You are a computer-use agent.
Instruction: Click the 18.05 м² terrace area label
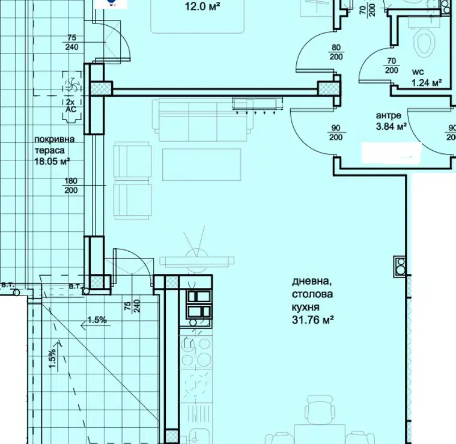52,161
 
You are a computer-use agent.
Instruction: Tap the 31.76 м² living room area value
312,320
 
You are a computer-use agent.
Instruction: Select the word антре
389,116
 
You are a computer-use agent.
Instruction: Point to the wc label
418,72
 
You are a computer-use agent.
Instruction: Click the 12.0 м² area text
202,7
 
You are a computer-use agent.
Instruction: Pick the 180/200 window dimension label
71,186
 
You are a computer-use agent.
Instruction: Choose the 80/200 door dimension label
336,52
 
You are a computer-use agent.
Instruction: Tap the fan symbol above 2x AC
71,84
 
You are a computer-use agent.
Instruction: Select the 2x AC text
71,106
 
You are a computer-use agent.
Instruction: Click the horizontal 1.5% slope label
97,320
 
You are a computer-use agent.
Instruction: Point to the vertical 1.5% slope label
52,358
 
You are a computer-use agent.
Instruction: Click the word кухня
306,307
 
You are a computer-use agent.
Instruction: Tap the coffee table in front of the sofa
201,165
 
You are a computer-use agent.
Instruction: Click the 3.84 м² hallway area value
391,127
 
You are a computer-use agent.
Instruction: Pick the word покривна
55,139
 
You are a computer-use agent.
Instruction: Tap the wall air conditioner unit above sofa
257,105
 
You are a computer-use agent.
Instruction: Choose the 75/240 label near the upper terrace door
71,42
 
